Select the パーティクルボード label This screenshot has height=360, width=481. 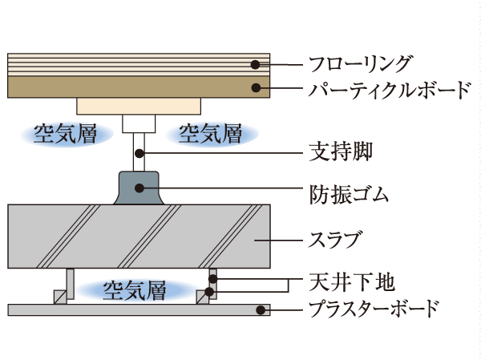(390, 88)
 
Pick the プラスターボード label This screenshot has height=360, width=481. (374, 308)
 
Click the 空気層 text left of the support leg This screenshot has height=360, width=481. (64, 133)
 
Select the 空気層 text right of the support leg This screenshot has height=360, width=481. (210, 133)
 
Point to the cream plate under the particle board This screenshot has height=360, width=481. (139, 105)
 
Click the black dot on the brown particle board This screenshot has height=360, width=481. (255, 87)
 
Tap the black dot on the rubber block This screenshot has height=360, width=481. (139, 189)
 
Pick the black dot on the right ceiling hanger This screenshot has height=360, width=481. (212, 280)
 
